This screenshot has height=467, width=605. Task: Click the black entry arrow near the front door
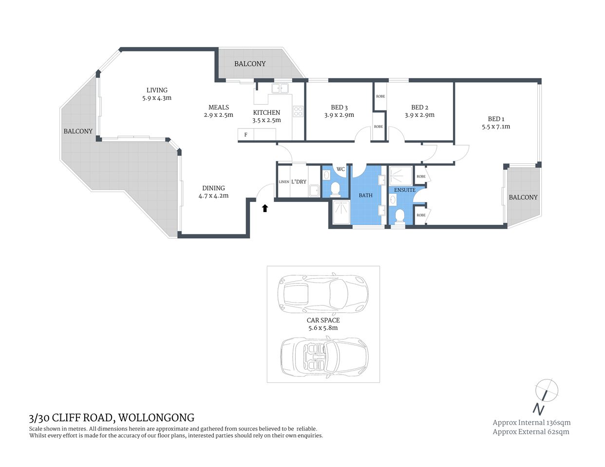tap(265, 208)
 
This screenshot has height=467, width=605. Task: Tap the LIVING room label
tap(157, 90)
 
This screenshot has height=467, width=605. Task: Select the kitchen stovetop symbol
tap(298, 111)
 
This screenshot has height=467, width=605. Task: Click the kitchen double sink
tap(280, 89)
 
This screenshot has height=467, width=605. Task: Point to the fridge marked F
tap(246, 135)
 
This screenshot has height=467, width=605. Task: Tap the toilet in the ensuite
tap(400, 216)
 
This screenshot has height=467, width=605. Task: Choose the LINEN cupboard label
tap(284, 182)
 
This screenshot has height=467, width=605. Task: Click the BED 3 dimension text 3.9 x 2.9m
tap(339, 115)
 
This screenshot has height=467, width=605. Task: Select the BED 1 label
tap(496, 119)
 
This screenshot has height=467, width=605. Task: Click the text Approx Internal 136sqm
tap(531, 422)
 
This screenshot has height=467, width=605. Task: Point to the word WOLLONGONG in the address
tap(156, 418)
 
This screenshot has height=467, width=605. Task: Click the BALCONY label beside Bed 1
tap(523, 197)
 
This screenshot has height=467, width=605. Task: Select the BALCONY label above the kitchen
tap(250, 64)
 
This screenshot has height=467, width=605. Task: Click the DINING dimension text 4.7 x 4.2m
tap(213, 196)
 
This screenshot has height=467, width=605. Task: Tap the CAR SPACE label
tap(323, 320)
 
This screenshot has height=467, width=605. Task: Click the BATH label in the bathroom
tap(365, 195)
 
